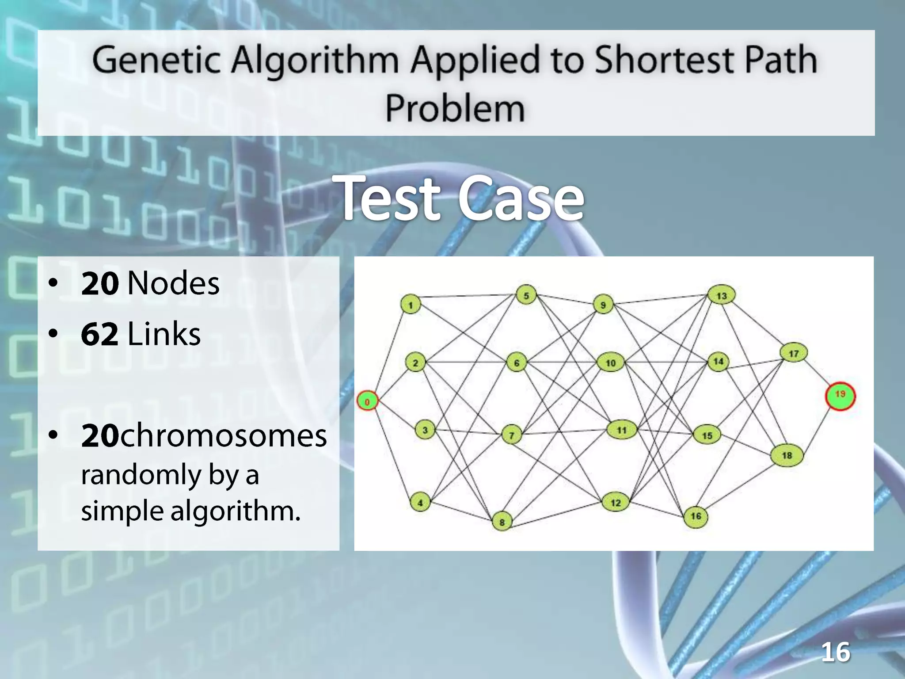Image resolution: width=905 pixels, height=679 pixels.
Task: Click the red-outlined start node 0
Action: pyautogui.click(x=367, y=401)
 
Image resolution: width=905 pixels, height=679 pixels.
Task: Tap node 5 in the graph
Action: pyautogui.click(x=526, y=295)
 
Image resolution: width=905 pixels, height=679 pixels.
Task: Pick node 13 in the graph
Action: pyautogui.click(x=721, y=295)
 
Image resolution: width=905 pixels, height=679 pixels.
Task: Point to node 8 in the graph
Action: pyautogui.click(x=502, y=522)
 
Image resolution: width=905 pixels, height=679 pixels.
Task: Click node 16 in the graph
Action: pyautogui.click(x=696, y=516)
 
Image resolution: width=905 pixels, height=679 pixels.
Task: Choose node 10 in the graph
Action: pyautogui.click(x=611, y=362)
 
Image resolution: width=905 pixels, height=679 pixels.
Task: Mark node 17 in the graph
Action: pyautogui.click(x=794, y=353)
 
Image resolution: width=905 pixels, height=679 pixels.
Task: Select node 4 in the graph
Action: pyautogui.click(x=420, y=503)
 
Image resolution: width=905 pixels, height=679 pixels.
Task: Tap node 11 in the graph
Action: pyautogui.click(x=621, y=430)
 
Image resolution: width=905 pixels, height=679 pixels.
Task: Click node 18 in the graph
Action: pyautogui.click(x=787, y=455)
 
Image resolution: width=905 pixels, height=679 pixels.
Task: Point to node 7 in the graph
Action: pyautogui.click(x=511, y=435)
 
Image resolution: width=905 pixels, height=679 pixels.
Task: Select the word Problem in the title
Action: pyautogui.click(x=455, y=108)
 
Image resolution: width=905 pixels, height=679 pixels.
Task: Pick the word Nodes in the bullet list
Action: pyautogui.click(x=173, y=283)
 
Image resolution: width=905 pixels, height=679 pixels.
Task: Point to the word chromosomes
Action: pyautogui.click(x=223, y=436)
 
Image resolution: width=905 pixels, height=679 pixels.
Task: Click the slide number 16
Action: pyautogui.click(x=835, y=652)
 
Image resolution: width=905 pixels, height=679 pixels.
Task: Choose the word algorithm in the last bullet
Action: pyautogui.click(x=235, y=511)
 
